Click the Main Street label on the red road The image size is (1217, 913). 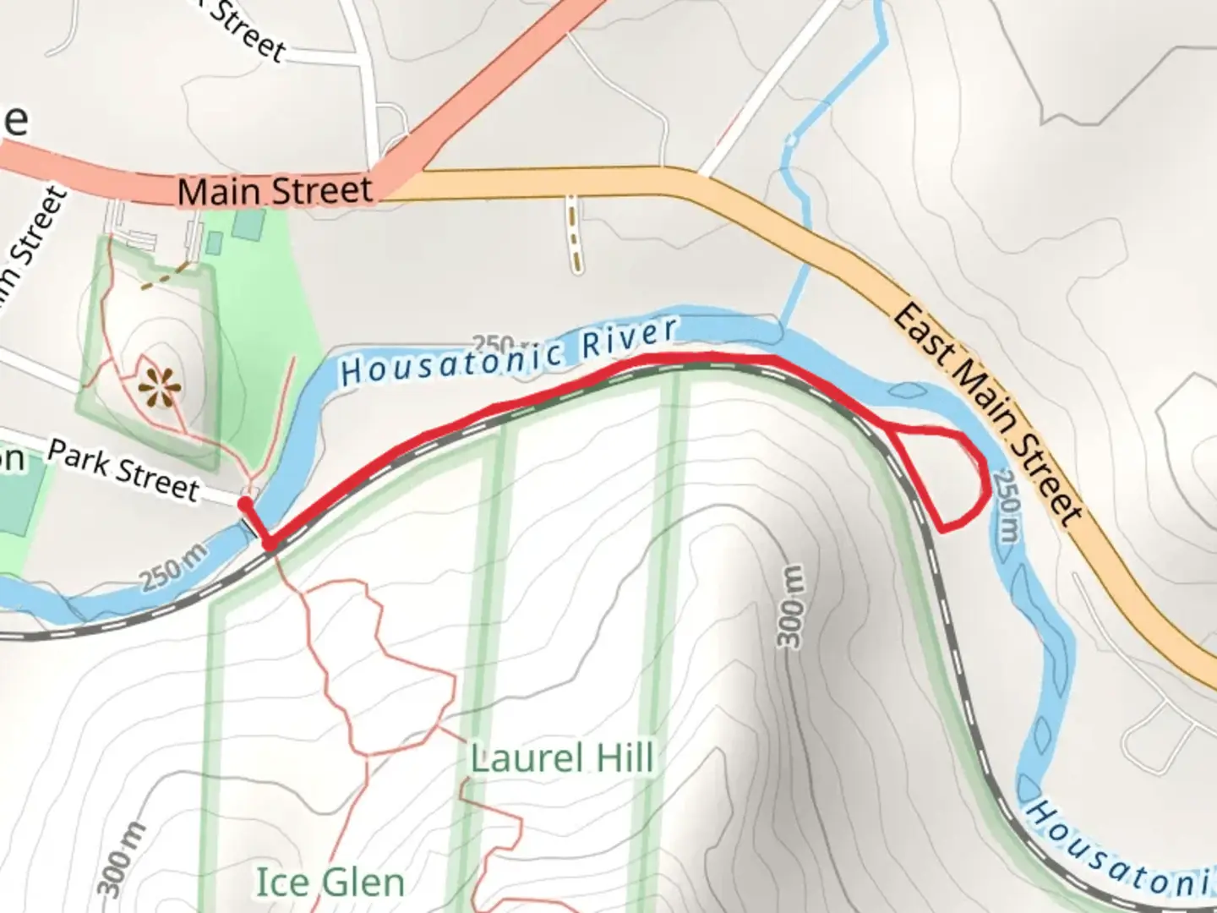click(275, 191)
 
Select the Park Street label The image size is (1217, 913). click(123, 470)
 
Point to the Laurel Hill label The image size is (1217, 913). click(562, 758)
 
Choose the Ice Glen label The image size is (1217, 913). click(330, 883)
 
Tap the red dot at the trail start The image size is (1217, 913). click(244, 505)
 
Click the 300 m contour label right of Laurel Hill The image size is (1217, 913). click(791, 607)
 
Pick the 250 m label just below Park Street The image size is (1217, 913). click(173, 569)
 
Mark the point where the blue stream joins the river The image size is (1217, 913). click(781, 328)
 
